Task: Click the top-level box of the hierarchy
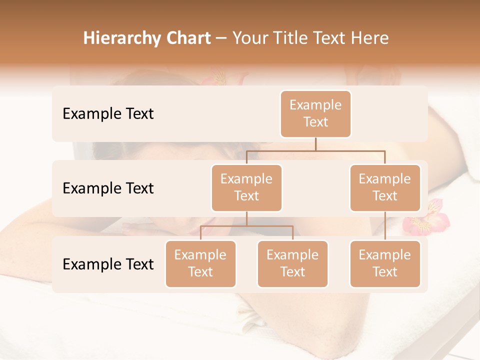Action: point(315,113)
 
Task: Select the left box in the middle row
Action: point(246,187)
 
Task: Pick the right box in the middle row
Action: point(385,187)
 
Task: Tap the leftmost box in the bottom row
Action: point(200,263)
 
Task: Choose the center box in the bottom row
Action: point(292,263)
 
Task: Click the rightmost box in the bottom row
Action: point(385,263)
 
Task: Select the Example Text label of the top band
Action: point(108,114)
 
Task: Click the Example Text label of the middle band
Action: point(108,188)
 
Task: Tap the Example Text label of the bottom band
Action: point(108,264)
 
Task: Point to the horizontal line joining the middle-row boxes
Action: point(315,150)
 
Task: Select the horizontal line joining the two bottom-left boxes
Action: point(246,226)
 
